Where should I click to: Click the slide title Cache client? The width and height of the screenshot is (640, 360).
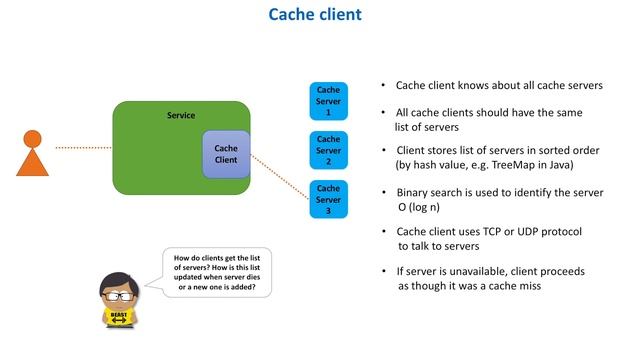(x=319, y=15)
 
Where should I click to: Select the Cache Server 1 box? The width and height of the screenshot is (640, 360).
(x=328, y=100)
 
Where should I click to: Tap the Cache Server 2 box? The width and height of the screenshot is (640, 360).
(x=328, y=150)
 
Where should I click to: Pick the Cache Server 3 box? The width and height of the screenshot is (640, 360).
(x=328, y=199)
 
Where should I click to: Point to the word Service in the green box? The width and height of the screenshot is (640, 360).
(x=181, y=116)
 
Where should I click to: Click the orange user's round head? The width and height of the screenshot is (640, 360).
(x=33, y=139)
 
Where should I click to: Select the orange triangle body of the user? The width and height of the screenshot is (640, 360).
(x=33, y=162)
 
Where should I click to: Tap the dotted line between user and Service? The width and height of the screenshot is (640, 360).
(x=83, y=148)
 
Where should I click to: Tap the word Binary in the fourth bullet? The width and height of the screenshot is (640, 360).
(x=413, y=192)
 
